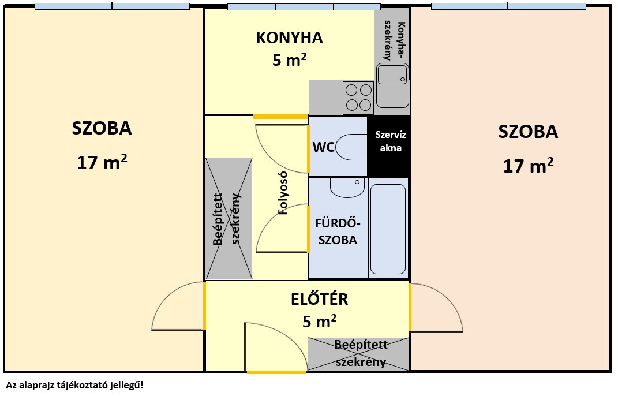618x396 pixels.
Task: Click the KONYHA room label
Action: coord(289,38)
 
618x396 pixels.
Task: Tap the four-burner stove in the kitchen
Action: coord(358,98)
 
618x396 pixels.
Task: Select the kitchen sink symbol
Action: coord(392,85)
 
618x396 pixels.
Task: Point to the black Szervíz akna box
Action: coord(388,142)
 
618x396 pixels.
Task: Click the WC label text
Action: coord(323,147)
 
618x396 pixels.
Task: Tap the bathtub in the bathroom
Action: coord(388,229)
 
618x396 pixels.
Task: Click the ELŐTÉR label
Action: coord(319,299)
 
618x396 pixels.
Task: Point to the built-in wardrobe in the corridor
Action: coord(229,218)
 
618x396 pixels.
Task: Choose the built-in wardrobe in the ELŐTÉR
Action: coord(358,353)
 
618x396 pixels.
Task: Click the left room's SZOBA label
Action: coord(102,128)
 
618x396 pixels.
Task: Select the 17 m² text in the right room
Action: coord(528,166)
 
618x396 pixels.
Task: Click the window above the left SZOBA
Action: coord(112,6)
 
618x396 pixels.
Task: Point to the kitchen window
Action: coord(304,7)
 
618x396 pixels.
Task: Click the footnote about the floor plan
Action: coord(74,384)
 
